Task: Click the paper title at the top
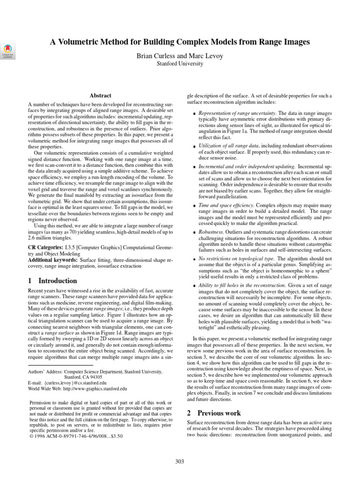coord(180,42)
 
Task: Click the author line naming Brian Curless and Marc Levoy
coord(180,56)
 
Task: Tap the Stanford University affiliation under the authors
coord(180,64)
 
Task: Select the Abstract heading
coord(100,95)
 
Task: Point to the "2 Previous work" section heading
coord(214,413)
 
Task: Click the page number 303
coord(180,461)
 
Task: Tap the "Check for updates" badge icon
coord(8,51)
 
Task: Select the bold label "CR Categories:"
coord(45,247)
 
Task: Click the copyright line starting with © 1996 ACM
coord(76,435)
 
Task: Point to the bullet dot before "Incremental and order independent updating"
coord(194,167)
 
